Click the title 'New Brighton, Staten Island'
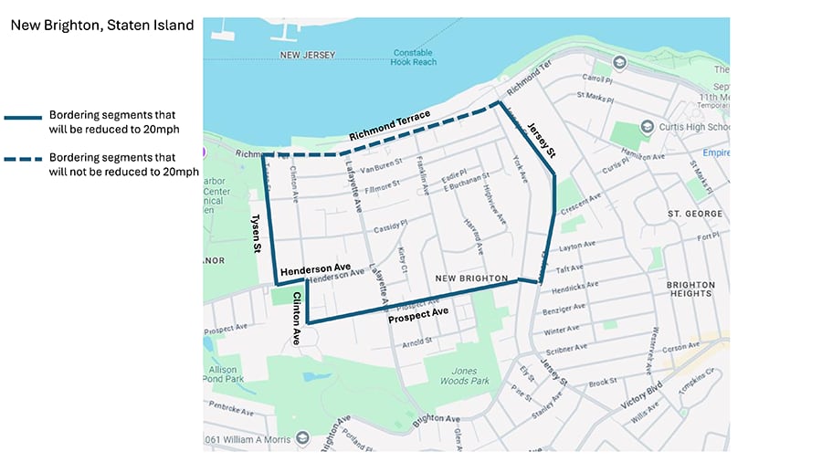(102, 26)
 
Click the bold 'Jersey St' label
(542, 142)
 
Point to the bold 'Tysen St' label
(254, 236)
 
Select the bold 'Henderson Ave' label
(315, 268)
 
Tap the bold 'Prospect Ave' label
(417, 312)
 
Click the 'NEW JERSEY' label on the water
(307, 55)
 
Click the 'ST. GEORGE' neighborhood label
(695, 214)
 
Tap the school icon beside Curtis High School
(647, 126)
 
